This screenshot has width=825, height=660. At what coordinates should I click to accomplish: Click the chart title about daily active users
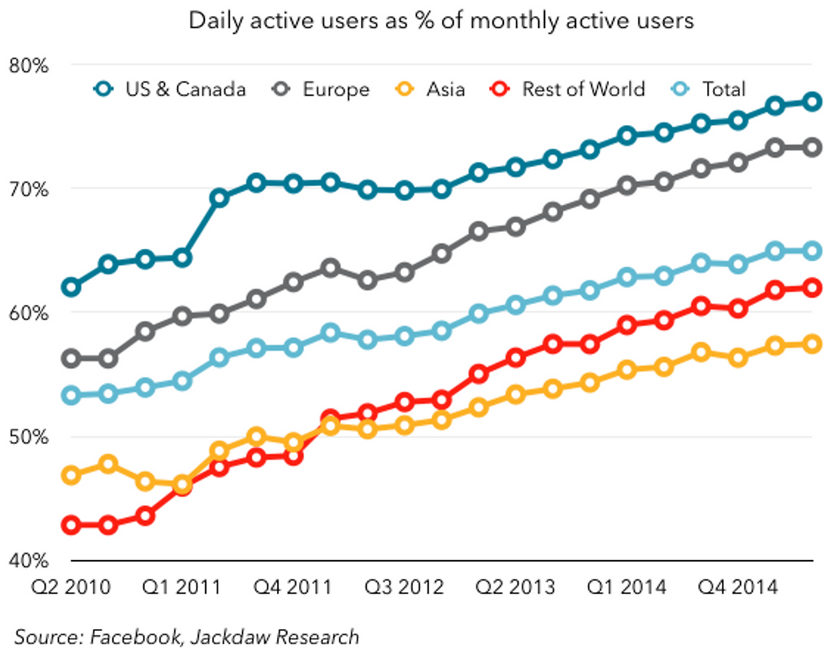click(441, 21)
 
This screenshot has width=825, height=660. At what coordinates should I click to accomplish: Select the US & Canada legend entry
click(185, 89)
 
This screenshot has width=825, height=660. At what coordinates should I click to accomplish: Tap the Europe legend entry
click(336, 89)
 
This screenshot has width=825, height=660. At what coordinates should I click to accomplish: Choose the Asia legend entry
click(445, 89)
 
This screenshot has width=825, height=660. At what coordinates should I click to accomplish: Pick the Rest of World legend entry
click(583, 89)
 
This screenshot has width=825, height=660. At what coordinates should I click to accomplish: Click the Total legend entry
click(723, 89)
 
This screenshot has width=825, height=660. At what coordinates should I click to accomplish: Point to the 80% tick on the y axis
click(28, 65)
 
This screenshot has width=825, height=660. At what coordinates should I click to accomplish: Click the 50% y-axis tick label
click(28, 437)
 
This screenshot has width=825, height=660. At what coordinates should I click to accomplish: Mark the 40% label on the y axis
click(28, 560)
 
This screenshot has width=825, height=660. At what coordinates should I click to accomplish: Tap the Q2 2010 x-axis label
click(71, 587)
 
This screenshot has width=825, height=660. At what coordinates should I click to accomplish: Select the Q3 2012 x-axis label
click(404, 587)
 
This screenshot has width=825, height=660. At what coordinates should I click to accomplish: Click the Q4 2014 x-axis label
click(738, 587)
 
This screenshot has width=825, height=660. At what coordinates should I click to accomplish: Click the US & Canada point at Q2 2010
click(71, 287)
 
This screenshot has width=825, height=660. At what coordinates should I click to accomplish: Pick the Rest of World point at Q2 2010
click(71, 525)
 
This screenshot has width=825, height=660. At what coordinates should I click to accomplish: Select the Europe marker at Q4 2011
click(293, 282)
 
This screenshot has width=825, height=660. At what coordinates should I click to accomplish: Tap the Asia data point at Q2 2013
click(516, 394)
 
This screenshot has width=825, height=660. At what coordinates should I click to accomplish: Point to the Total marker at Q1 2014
click(626, 278)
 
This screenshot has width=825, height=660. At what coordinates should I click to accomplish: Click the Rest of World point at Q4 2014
click(738, 309)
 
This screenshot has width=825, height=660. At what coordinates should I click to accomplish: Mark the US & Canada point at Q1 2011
click(182, 258)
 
